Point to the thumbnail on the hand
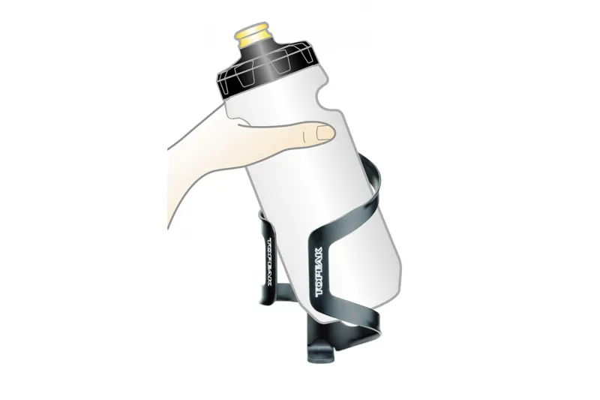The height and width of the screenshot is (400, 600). pos(324,134)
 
